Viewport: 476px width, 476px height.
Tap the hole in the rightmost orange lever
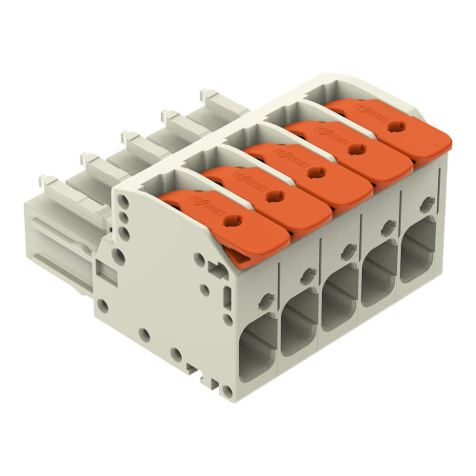[x=398, y=126]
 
